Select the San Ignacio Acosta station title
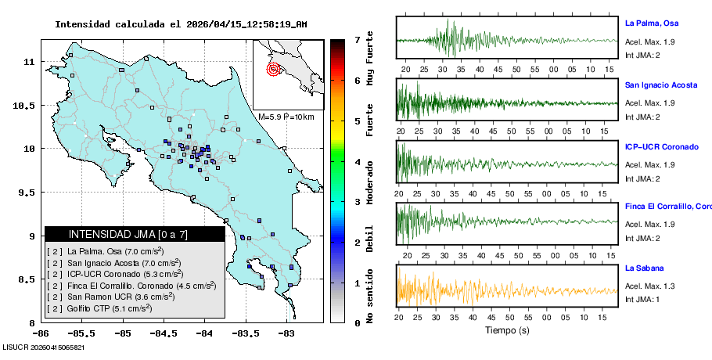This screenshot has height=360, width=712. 660,85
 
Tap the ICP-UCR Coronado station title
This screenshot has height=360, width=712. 661,146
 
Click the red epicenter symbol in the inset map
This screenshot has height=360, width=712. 273,69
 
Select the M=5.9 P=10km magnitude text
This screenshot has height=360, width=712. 286,117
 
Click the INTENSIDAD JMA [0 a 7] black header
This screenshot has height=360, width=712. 135,234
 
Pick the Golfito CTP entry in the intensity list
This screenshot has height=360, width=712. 99,308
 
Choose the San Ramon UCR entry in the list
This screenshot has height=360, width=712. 106,297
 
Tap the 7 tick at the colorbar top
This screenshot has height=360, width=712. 357,39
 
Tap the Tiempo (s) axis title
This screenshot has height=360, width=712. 506,329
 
